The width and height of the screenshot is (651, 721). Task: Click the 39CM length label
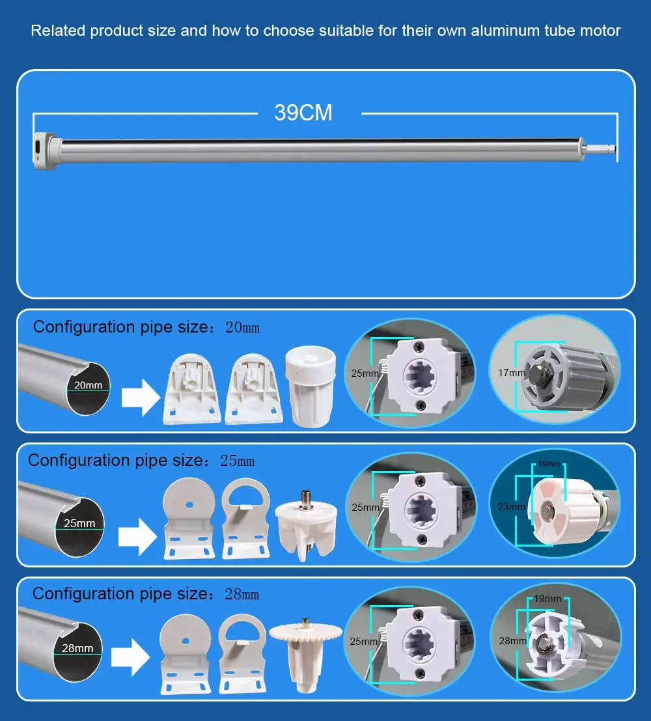(303, 113)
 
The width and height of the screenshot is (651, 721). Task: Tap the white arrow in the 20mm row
(141, 398)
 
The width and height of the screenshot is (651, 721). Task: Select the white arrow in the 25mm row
(137, 537)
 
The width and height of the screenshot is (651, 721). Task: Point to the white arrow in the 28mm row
(131, 657)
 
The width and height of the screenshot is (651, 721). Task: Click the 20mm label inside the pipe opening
(89, 385)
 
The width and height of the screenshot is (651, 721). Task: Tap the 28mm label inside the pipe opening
(77, 648)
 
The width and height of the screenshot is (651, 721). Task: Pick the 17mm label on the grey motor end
(511, 372)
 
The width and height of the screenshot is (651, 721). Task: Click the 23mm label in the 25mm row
(511, 507)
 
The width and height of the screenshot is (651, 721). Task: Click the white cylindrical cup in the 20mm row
(311, 387)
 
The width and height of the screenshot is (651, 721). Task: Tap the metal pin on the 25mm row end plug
(305, 500)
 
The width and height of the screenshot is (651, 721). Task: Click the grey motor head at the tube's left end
(45, 151)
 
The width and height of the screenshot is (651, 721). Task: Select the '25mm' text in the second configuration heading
(237, 461)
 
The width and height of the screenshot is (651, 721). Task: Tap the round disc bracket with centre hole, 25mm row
(189, 518)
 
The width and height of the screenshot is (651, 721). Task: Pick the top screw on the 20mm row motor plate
(419, 347)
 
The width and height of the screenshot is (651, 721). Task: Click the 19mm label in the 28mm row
(547, 599)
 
